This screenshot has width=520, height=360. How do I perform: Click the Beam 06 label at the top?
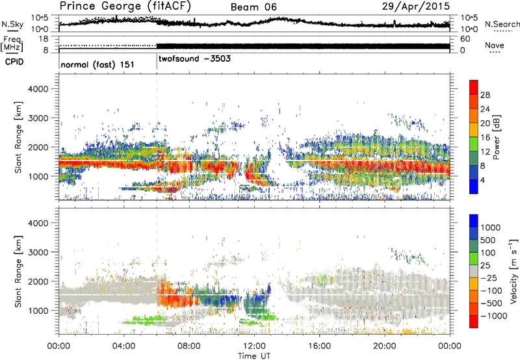[256, 7]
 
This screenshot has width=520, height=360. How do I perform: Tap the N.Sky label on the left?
[12, 25]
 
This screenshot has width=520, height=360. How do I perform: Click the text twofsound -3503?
[193, 58]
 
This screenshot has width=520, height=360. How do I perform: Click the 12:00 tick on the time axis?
[254, 344]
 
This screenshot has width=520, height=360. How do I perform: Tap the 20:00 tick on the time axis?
[385, 344]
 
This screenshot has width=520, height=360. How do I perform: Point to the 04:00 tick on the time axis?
[123, 344]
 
